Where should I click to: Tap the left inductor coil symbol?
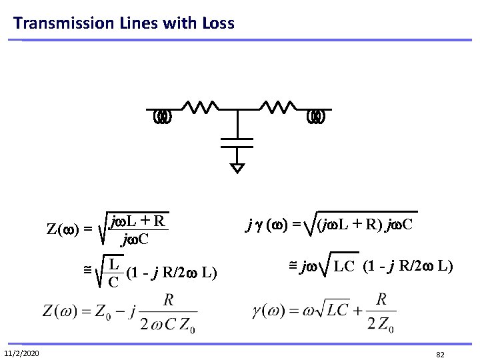(163, 117)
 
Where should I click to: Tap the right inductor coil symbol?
(316, 117)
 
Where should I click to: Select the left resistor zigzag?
(198, 107)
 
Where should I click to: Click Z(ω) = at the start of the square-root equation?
(69, 231)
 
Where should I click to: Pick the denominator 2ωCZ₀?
(171, 326)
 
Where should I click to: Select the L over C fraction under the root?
(114, 271)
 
